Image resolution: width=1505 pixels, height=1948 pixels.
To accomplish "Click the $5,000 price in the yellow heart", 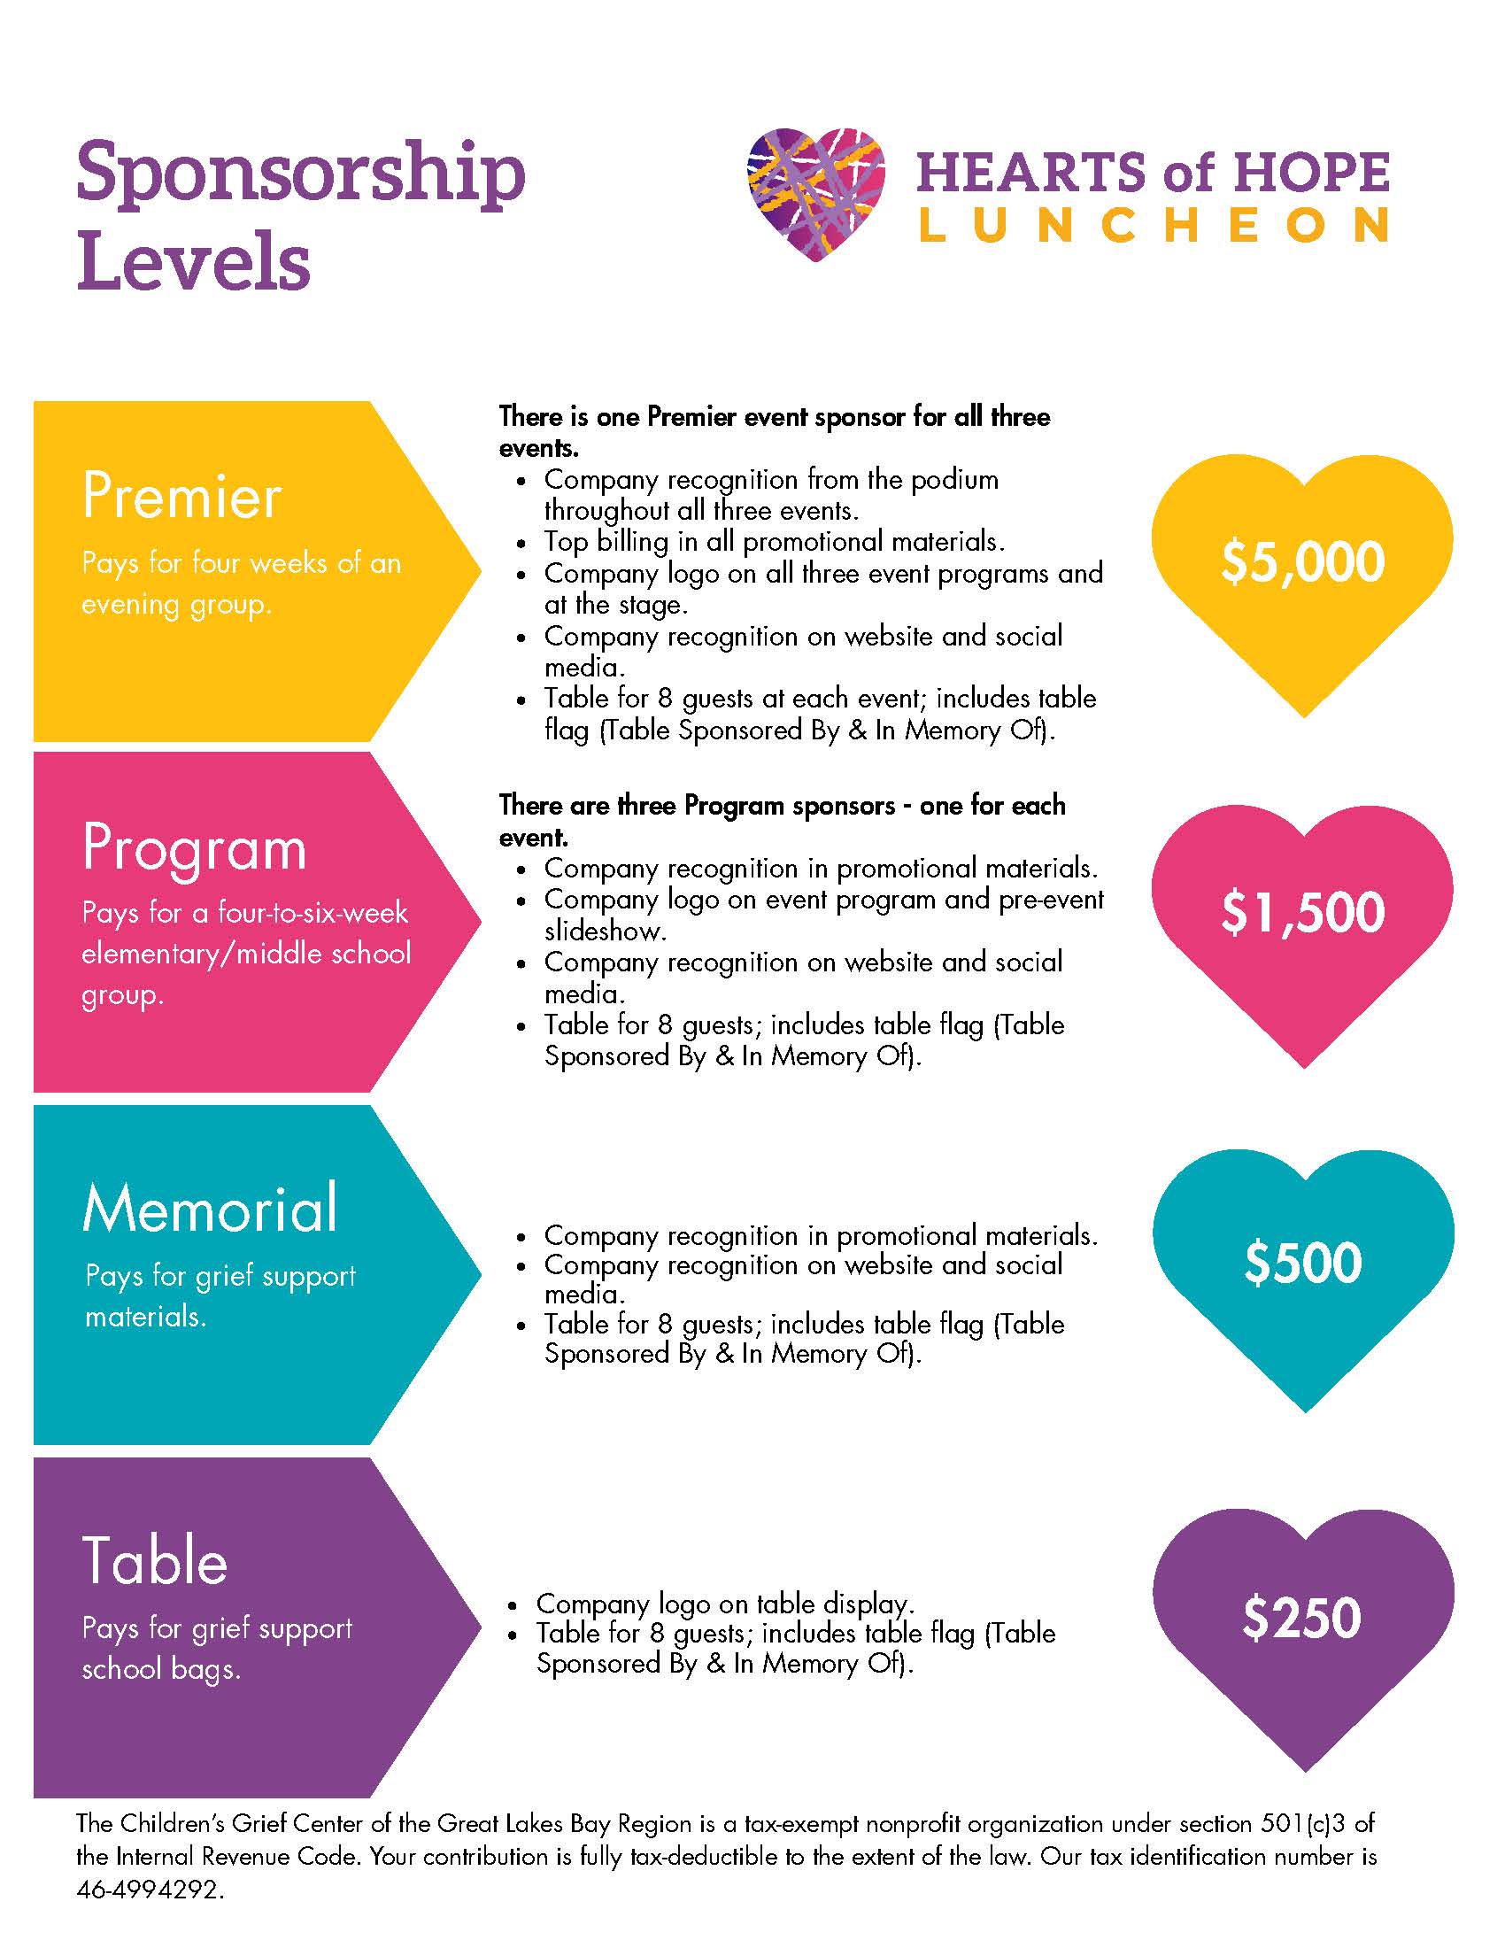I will click(1302, 562).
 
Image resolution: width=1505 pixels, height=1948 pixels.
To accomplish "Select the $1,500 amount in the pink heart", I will click(1302, 912).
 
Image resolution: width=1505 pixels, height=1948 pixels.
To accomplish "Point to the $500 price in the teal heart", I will click(1303, 1262).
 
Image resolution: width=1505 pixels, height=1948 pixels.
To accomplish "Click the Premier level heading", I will click(181, 496).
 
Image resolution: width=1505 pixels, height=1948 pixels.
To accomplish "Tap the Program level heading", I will click(195, 847).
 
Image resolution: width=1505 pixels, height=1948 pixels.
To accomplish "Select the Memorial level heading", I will click(211, 1209).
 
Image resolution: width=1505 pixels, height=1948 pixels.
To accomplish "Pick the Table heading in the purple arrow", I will click(155, 1561).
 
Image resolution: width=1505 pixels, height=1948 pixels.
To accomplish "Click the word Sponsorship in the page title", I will click(300, 174).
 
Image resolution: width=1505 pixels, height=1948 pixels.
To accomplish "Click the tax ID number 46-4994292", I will click(149, 1915).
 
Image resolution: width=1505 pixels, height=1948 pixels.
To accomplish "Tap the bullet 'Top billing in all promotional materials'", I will click(774, 541).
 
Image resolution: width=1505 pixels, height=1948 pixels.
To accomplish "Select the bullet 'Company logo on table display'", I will click(724, 1604).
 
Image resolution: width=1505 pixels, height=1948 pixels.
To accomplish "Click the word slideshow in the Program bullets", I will click(604, 931).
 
